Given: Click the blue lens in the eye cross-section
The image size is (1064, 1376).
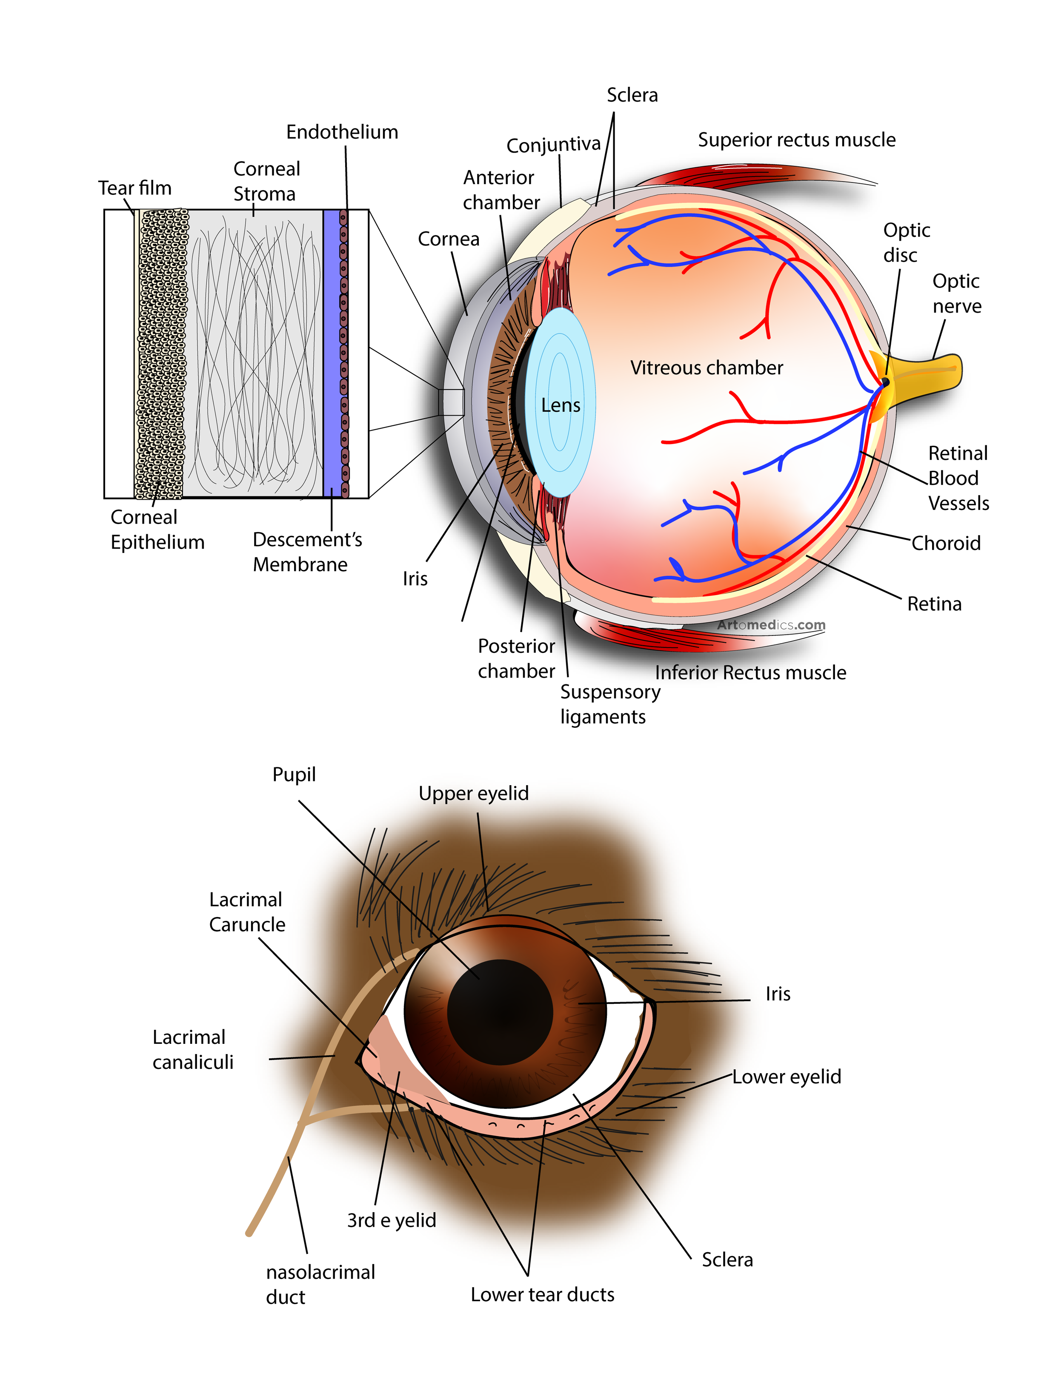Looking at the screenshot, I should pyautogui.click(x=560, y=403).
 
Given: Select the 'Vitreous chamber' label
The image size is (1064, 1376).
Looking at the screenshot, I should pyautogui.click(x=706, y=368).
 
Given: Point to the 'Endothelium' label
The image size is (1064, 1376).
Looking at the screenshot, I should pyautogui.click(x=342, y=132).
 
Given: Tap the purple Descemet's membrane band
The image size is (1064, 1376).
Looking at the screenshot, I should pyautogui.click(x=332, y=353).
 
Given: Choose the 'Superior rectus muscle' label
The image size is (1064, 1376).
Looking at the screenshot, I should pyautogui.click(x=796, y=140).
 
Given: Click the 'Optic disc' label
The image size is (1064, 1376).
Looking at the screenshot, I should pyautogui.click(x=906, y=242).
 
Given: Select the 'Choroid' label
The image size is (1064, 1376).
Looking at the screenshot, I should pyautogui.click(x=946, y=543).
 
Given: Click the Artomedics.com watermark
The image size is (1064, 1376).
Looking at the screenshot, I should pyautogui.click(x=771, y=625).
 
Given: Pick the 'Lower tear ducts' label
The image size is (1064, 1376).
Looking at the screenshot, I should pyautogui.click(x=542, y=1295).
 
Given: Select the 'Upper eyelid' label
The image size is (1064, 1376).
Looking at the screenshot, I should pyautogui.click(x=473, y=793).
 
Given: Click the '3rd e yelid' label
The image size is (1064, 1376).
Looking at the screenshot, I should pyautogui.click(x=392, y=1220).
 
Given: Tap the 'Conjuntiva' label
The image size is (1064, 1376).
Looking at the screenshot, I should pyautogui.click(x=553, y=145).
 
